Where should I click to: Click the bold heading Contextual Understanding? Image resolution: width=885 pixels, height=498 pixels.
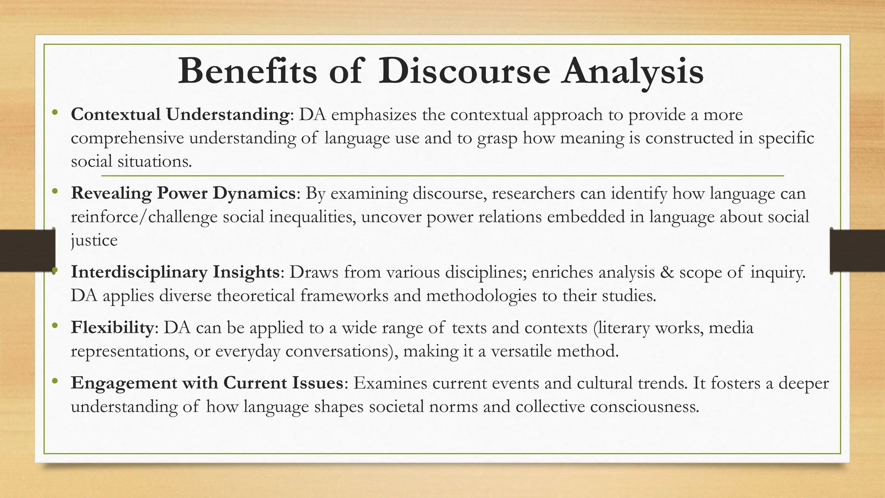coord(180,115)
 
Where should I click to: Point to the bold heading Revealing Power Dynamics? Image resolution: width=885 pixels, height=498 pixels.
coord(183,193)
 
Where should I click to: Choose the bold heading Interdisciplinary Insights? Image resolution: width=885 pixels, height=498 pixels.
coord(175,272)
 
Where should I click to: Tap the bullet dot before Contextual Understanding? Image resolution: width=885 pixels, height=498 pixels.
coord(54,113)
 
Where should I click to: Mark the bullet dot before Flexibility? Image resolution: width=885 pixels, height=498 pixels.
coord(54,326)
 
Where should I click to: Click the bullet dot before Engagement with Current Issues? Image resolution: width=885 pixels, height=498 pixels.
coord(54,382)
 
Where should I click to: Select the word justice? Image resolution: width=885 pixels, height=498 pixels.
coord(94,240)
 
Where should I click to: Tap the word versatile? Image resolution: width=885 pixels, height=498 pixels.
coord(522,351)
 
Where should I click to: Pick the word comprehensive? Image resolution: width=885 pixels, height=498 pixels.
coord(127,138)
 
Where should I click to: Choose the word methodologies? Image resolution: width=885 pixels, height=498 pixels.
coord(491,296)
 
